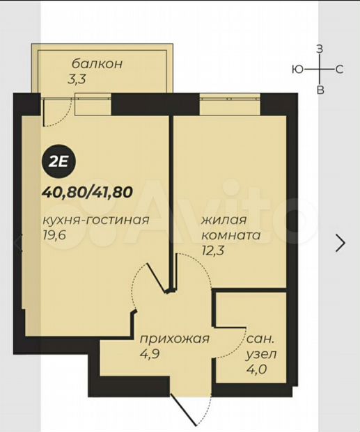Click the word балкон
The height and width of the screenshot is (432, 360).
pyautogui.click(x=97, y=64)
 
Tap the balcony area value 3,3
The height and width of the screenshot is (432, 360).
pyautogui.click(x=77, y=79)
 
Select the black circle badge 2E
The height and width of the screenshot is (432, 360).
pyautogui.click(x=58, y=162)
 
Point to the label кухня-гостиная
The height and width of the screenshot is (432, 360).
pyautogui.click(x=95, y=221)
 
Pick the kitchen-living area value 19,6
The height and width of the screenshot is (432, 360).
pyautogui.click(x=54, y=235)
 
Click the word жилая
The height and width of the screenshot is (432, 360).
pyautogui.click(x=224, y=221)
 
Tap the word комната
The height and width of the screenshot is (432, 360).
pyautogui.click(x=231, y=235)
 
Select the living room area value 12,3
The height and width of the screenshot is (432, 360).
pyautogui.click(x=212, y=250)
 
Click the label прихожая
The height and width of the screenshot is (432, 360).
pyautogui.click(x=174, y=339)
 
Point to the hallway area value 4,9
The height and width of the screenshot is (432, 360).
pyautogui.click(x=150, y=354)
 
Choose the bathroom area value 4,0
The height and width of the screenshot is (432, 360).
pyautogui.click(x=256, y=369)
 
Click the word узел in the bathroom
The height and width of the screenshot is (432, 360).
pyautogui.click(x=261, y=355)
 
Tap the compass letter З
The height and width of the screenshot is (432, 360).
pyautogui.click(x=320, y=49)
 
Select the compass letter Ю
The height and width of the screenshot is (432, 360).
pyautogui.click(x=297, y=70)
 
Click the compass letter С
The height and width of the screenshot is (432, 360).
pyautogui.click(x=339, y=70)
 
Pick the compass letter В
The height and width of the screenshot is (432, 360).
pyautogui.click(x=320, y=90)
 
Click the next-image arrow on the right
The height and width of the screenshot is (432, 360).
pyautogui.click(x=341, y=243)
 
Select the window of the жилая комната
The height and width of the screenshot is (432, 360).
pyautogui.click(x=230, y=104)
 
